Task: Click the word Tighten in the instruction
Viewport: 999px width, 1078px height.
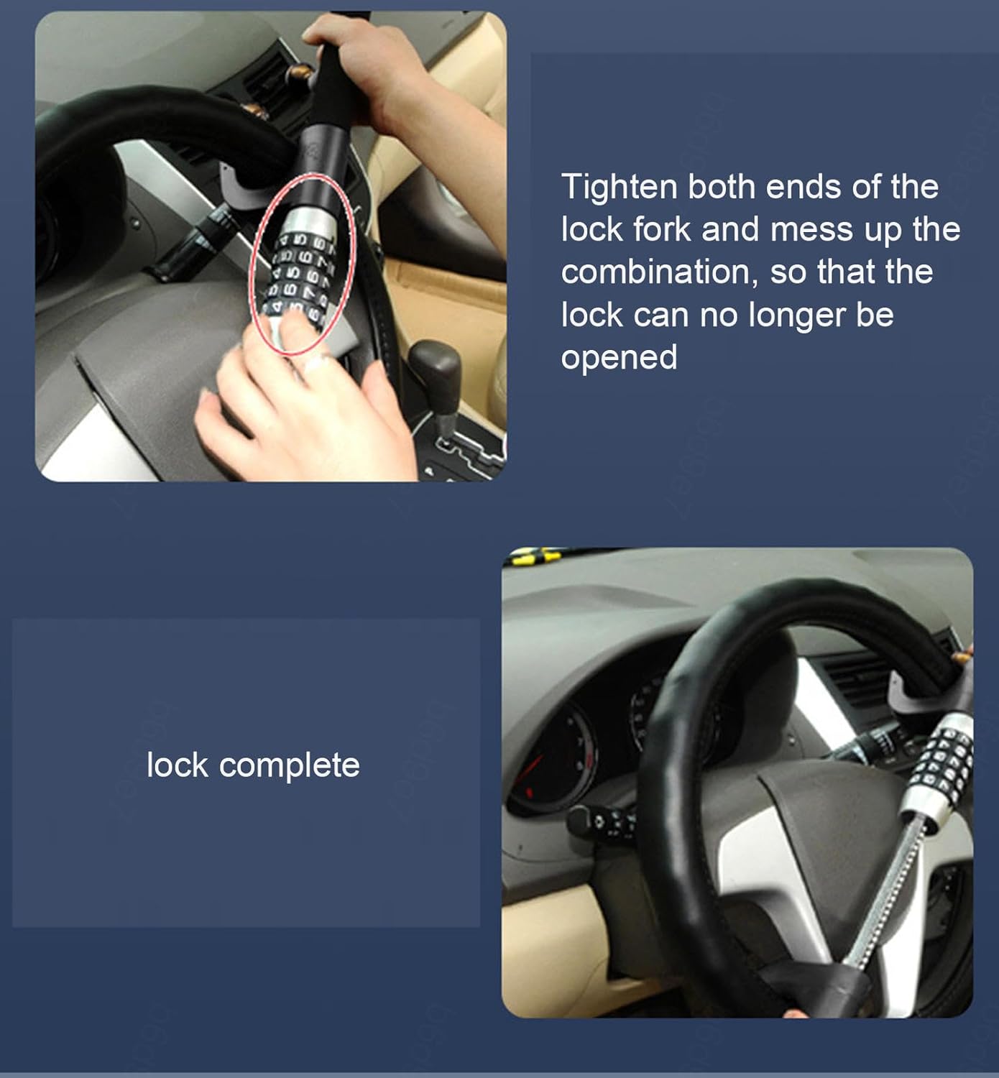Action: [x=619, y=188]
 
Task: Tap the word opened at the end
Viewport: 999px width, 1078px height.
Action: [x=619, y=357]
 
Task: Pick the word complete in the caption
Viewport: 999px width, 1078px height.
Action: [x=289, y=765]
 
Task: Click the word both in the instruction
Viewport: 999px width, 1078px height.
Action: [x=722, y=188]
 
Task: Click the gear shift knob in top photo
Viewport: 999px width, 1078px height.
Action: [x=436, y=367]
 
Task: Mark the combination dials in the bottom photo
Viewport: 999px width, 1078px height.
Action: [x=949, y=762]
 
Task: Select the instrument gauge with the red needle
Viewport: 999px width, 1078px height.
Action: [x=550, y=755]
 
